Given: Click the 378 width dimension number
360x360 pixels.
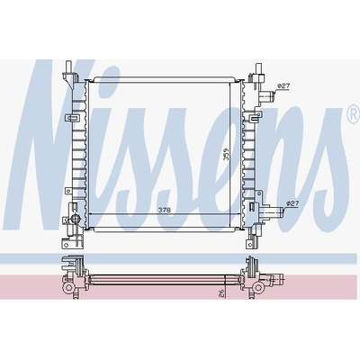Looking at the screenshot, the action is [165, 211].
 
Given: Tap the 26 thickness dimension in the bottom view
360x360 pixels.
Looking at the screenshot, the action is [221, 293].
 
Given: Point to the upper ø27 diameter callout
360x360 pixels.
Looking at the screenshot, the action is [283, 86].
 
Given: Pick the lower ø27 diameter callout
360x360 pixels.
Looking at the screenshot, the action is [293, 203].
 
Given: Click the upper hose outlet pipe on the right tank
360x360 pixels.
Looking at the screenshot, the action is [267, 96].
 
